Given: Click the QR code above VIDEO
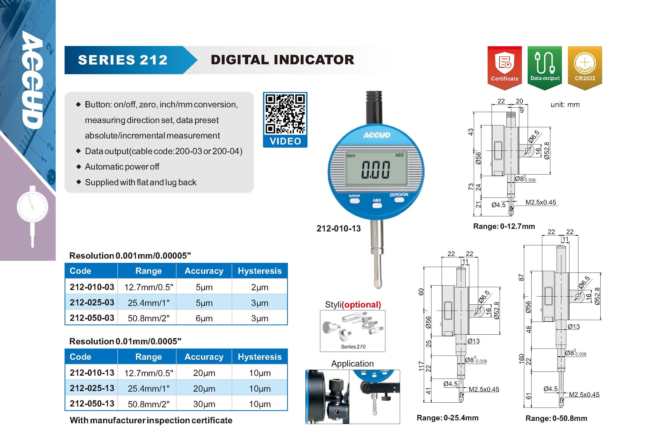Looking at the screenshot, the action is (285, 114).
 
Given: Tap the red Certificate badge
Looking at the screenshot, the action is (504, 68).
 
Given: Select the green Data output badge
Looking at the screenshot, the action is (545, 68).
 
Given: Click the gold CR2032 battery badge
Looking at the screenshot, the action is (585, 68).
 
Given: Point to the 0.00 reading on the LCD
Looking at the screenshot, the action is (375, 170).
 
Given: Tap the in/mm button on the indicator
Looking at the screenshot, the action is (355, 201).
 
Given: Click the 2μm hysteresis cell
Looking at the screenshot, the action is (260, 287).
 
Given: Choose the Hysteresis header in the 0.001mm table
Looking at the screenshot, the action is (260, 271).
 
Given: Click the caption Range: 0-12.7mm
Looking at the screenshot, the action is (504, 226).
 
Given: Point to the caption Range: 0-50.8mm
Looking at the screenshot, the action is (556, 418).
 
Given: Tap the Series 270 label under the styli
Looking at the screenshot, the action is (353, 346).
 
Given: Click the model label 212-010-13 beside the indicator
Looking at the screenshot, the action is (339, 229).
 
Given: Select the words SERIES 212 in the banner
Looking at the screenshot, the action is (123, 60).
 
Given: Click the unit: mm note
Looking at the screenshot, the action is (565, 105).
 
